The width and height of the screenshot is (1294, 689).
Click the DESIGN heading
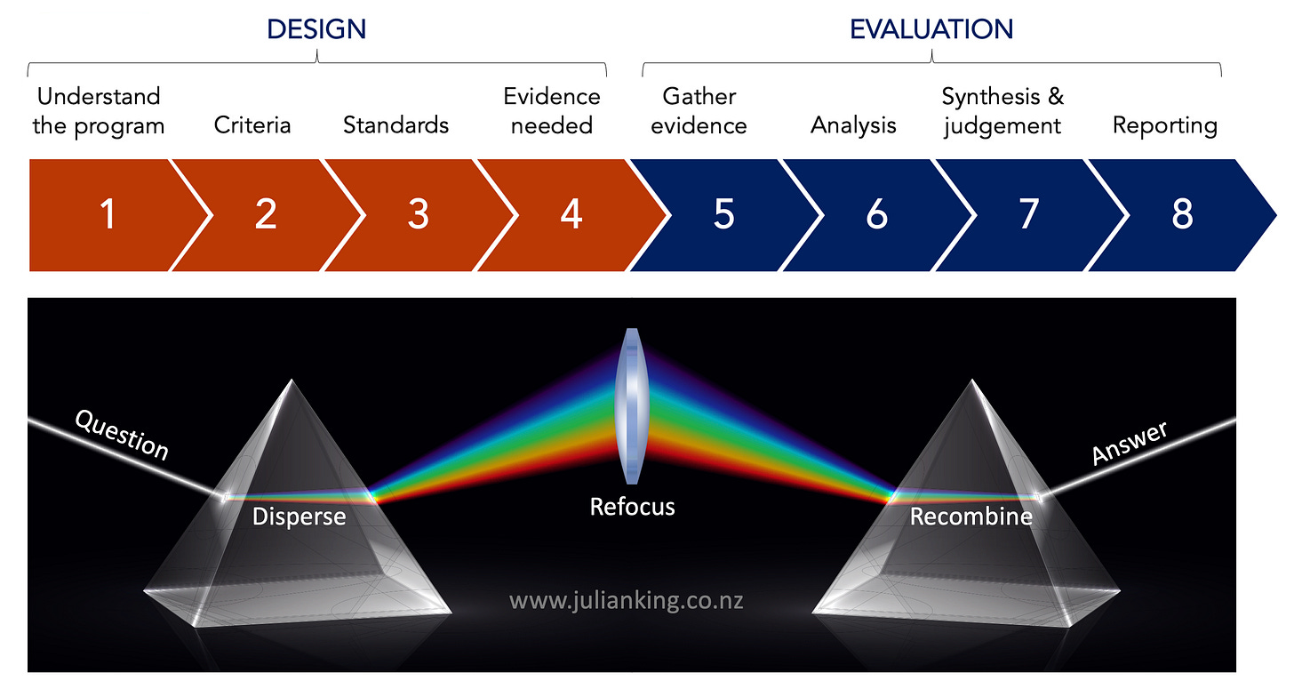click(316, 29)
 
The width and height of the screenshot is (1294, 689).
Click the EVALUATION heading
click(931, 29)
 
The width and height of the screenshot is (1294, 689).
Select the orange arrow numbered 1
click(108, 214)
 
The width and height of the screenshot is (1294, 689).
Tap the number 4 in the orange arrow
click(571, 214)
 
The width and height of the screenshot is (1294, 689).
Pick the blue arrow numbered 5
click(724, 214)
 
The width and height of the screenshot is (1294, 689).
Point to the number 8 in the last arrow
click(1182, 214)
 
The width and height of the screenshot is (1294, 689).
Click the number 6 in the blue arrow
click(877, 214)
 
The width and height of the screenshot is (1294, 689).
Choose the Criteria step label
click(252, 124)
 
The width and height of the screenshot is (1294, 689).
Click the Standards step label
click(395, 124)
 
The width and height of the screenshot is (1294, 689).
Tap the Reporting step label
click(1164, 125)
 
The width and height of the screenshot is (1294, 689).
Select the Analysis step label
click(853, 125)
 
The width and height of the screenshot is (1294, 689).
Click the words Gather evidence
click(699, 110)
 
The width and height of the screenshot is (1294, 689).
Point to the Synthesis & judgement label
click(1002, 110)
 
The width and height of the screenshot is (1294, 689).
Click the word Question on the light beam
click(121, 435)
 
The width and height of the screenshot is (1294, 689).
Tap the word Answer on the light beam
click(1130, 442)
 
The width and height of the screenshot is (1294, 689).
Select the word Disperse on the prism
click(299, 516)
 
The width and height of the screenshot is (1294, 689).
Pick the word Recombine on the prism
click(970, 516)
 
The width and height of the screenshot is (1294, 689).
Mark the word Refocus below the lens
click(632, 507)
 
